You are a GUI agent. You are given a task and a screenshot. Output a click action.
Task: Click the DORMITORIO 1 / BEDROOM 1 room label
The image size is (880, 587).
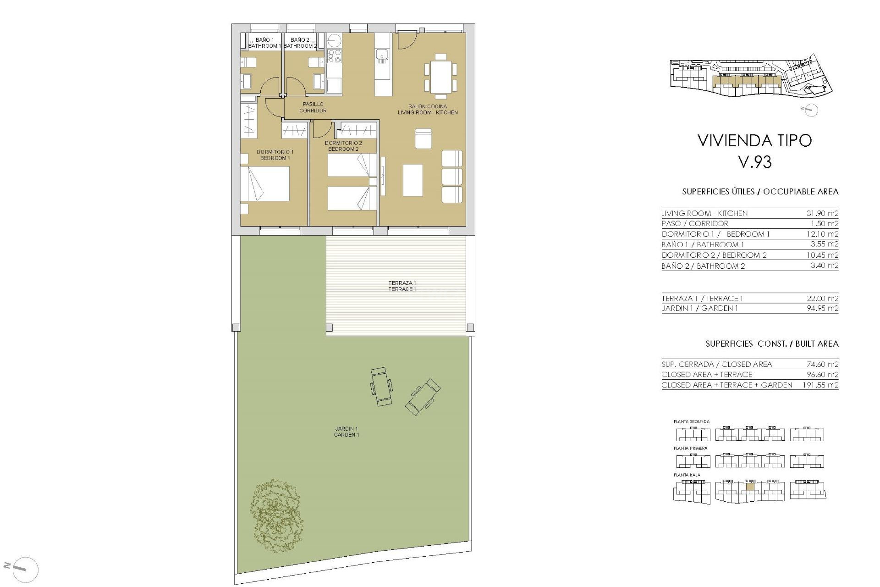click(275, 155)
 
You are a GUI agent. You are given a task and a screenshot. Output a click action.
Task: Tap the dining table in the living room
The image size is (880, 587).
click(440, 77)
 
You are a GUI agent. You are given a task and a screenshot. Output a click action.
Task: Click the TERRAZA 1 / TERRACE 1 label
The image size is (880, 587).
click(402, 286)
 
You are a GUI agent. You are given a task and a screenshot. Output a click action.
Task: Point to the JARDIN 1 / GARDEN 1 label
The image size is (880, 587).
click(346, 432)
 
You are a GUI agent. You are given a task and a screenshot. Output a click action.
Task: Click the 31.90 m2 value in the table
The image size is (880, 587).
click(822, 213)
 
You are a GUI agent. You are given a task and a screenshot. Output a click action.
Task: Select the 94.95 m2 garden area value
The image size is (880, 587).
click(822, 308)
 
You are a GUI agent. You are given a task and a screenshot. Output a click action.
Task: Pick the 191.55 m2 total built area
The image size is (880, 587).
click(820, 385)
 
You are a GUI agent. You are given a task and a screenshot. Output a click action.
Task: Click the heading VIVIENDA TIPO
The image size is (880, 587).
click(754, 140)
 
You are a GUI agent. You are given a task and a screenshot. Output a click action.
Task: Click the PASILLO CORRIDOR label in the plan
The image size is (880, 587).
click(313, 107)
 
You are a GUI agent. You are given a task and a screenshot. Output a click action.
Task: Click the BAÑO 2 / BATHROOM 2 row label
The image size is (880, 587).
click(703, 266)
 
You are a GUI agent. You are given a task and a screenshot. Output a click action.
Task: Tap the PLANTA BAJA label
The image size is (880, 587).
click(687, 475)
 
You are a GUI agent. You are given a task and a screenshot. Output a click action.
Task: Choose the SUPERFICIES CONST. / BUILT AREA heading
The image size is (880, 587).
click(772, 343)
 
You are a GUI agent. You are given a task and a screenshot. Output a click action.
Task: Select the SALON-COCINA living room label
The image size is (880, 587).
click(428, 109)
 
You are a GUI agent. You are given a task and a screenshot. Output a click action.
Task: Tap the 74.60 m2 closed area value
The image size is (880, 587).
click(822, 364)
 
